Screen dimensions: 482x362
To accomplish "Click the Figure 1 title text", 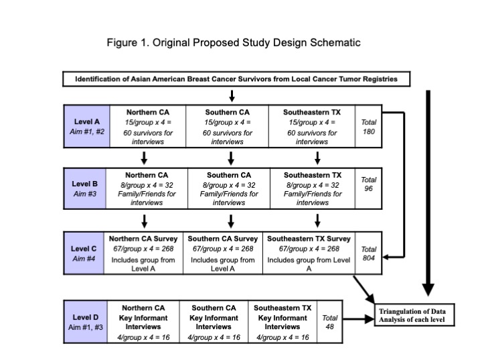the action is (x=234, y=42).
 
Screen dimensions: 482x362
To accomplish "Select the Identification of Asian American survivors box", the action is (x=236, y=79).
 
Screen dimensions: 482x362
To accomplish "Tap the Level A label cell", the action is (x=86, y=127).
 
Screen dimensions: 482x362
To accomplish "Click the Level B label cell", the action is (x=85, y=188).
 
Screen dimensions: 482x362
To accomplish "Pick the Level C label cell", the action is (x=84, y=253).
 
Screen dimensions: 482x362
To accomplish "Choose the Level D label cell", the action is (x=86, y=322).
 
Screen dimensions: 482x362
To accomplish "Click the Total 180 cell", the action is (x=369, y=127).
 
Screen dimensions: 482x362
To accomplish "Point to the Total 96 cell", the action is (x=369, y=188).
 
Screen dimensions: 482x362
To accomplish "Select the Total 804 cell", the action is (x=369, y=253).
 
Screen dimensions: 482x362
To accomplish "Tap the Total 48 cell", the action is (x=329, y=322).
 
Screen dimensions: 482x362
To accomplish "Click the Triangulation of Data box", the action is (x=414, y=315).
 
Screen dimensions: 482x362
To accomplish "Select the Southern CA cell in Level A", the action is (x=227, y=127).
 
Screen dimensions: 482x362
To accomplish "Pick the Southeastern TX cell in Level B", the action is (x=313, y=188).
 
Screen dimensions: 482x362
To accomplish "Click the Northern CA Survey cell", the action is (x=143, y=253).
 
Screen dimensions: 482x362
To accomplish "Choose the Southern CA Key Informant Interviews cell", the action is (x=214, y=322).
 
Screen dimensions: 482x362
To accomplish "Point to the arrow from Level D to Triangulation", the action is (x=358, y=319).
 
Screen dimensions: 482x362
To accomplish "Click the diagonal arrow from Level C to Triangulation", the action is (x=364, y=290).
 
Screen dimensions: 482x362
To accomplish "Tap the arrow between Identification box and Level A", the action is (x=232, y=96).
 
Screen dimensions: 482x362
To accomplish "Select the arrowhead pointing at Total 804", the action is (x=386, y=257).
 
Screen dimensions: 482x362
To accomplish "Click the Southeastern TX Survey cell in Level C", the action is (x=309, y=253).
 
